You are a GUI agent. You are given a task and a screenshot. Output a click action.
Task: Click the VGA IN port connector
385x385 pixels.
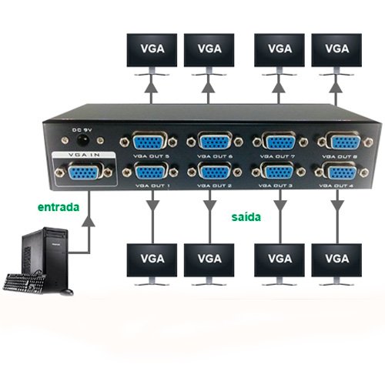(x=83, y=172)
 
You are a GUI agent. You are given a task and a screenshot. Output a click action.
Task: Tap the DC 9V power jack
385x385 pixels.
(x=83, y=140)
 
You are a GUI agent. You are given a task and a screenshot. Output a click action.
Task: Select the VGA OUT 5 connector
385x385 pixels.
(x=149, y=141)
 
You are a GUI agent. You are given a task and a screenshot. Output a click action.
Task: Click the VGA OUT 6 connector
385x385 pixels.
(x=215, y=141)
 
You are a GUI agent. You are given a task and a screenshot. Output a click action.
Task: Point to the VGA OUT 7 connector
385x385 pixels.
(x=280, y=141)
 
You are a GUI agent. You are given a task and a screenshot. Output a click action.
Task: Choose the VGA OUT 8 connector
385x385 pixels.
(x=345, y=142)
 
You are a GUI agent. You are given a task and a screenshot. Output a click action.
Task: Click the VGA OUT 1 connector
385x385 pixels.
(x=150, y=171)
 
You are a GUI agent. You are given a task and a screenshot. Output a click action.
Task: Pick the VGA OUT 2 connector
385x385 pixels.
(x=215, y=172)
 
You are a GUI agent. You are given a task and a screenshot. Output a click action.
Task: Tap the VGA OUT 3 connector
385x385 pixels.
(x=279, y=172)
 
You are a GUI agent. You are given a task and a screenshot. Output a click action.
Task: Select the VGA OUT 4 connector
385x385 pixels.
(x=342, y=172)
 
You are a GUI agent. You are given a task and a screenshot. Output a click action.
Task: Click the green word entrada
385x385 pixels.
(x=59, y=207)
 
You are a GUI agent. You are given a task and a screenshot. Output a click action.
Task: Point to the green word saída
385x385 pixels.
(x=246, y=217)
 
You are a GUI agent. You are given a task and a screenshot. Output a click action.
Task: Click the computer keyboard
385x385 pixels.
(x=25, y=283)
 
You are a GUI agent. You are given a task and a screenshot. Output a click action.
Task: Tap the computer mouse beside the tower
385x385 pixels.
(x=67, y=292)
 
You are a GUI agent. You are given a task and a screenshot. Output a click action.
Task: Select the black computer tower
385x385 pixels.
(x=45, y=259)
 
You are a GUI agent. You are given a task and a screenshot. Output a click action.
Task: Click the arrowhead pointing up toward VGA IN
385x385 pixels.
(x=89, y=221)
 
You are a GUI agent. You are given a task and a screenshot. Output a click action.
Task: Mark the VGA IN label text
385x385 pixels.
(x=84, y=155)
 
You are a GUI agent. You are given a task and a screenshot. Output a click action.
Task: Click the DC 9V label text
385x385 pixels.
(x=82, y=130)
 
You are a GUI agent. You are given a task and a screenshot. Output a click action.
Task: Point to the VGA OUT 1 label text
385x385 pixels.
(x=152, y=186)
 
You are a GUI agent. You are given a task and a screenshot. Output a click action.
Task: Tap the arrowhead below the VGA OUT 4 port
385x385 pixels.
(x=337, y=206)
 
